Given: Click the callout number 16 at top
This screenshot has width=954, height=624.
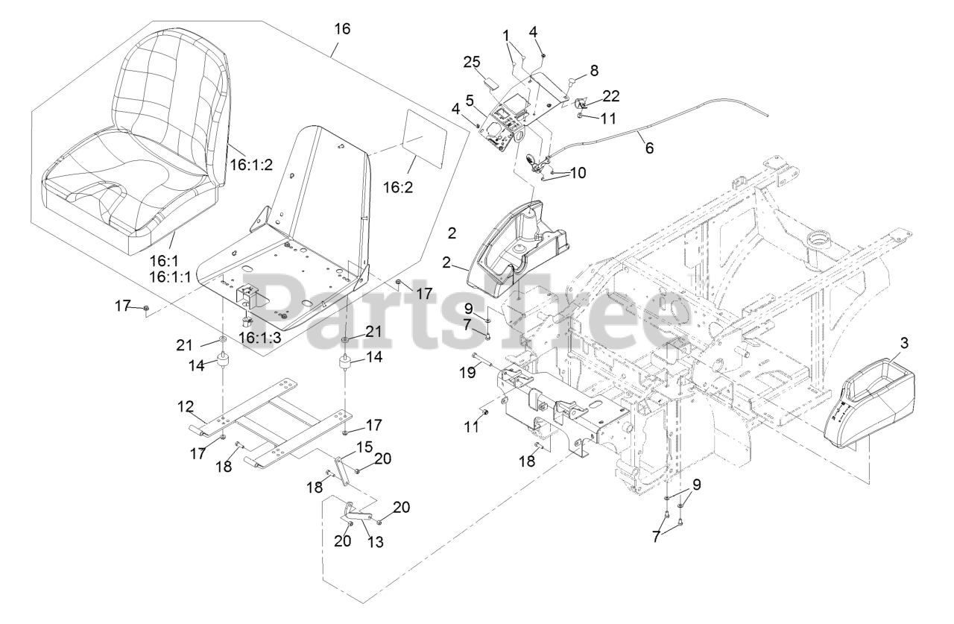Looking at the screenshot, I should (x=342, y=29).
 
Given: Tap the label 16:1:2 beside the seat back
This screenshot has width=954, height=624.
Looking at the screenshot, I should (x=253, y=160).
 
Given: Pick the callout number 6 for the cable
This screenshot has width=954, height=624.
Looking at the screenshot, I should (x=649, y=148).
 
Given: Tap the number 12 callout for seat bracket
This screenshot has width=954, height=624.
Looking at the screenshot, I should (x=185, y=406).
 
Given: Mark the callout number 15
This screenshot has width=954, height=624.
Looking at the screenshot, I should (x=364, y=446).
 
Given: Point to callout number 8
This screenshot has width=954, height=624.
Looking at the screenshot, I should (x=593, y=72).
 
